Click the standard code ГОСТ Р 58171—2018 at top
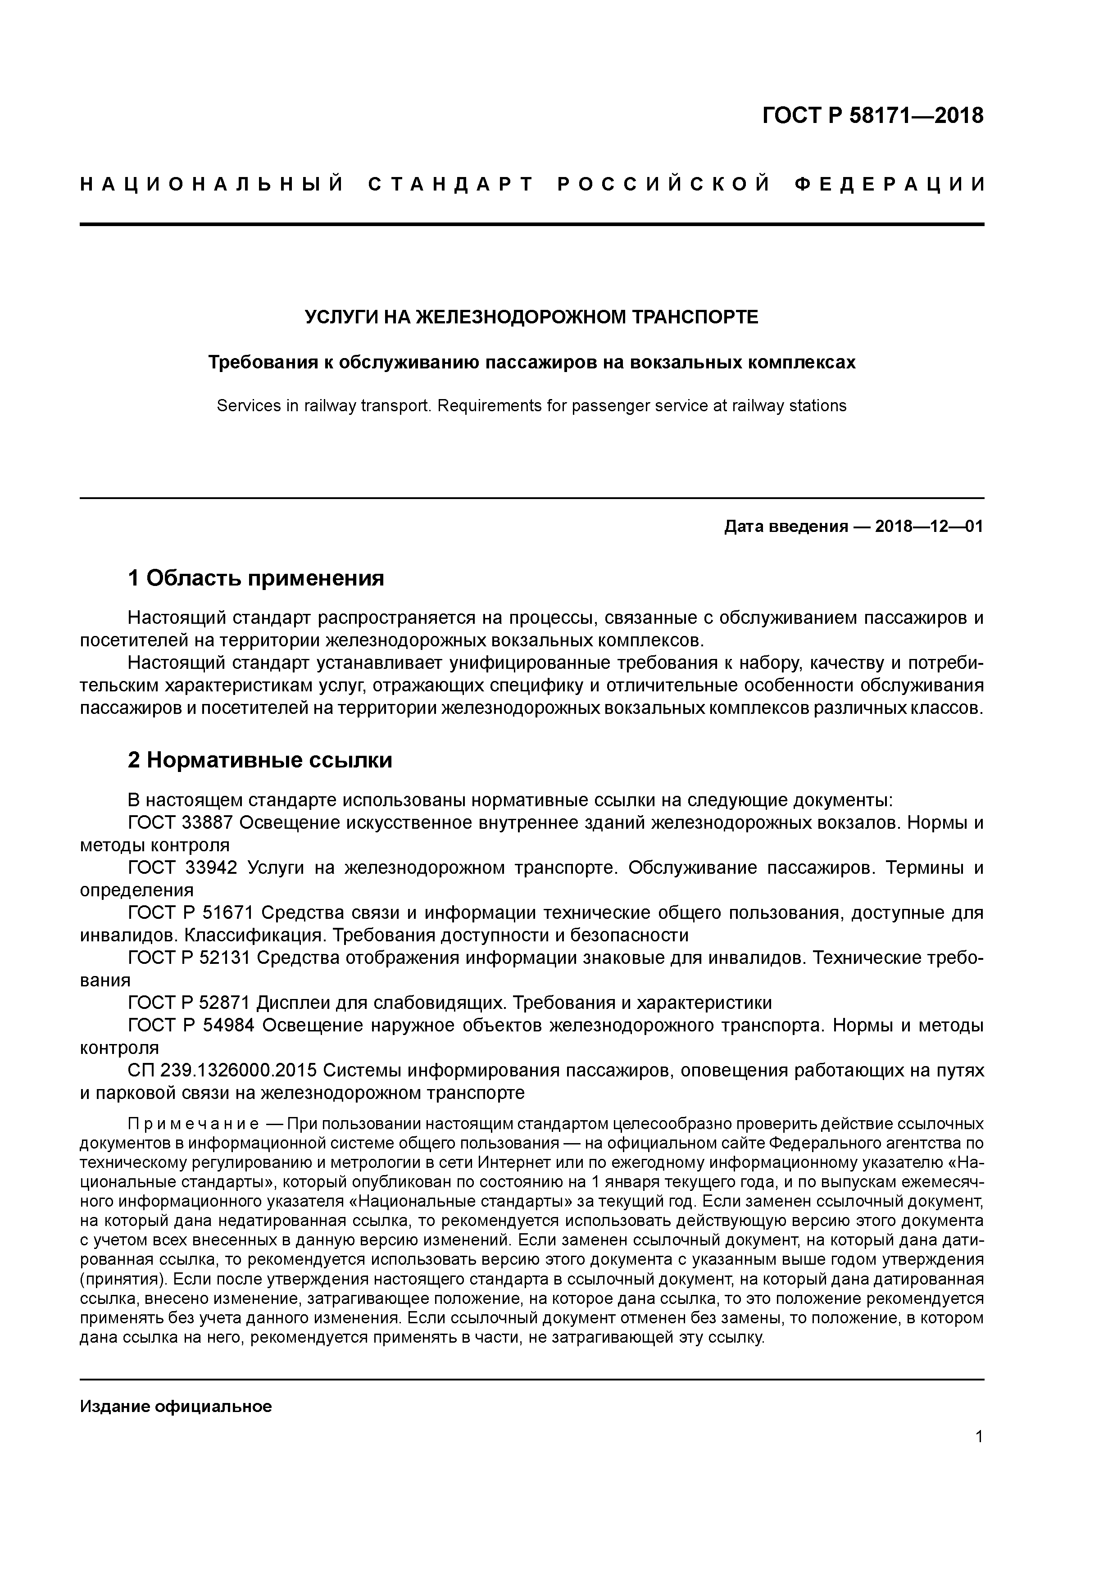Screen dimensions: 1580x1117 click(x=873, y=116)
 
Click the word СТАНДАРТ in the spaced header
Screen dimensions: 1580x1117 click(x=451, y=184)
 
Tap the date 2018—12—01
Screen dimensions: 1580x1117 click(x=929, y=527)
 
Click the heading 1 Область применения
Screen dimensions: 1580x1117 click(x=256, y=578)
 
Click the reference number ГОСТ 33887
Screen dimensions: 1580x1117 click(x=182, y=823)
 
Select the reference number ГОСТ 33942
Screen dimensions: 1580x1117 click(x=182, y=868)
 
